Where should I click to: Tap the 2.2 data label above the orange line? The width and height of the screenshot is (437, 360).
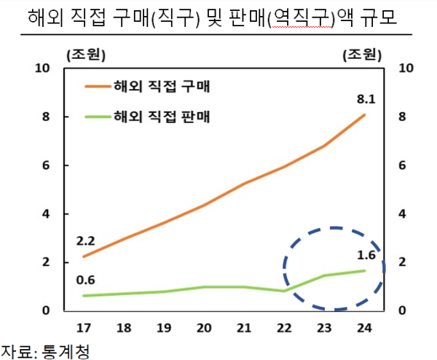coord(85,240)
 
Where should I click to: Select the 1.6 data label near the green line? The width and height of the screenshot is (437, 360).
coord(366,255)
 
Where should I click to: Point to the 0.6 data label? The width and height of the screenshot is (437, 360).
coord(85,279)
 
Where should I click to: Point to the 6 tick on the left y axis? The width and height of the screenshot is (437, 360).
coord(45,165)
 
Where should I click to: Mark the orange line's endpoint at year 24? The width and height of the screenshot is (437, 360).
coord(365,114)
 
